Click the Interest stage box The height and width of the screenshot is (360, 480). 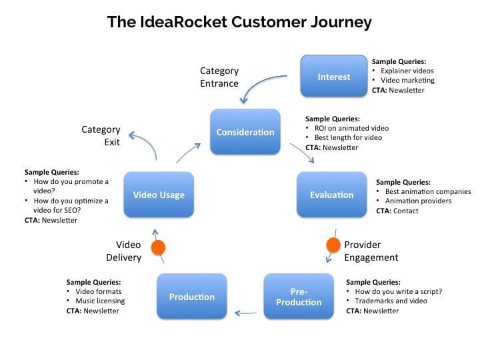click(x=334, y=77)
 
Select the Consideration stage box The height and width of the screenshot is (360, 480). click(x=245, y=132)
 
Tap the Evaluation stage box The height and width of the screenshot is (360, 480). click(x=331, y=195)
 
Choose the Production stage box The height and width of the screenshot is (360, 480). click(x=191, y=297)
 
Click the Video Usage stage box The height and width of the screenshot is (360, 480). click(x=159, y=195)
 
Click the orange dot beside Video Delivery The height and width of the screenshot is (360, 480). click(x=158, y=249)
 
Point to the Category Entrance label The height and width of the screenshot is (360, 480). click(x=219, y=77)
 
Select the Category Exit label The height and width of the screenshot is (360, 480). click(x=101, y=136)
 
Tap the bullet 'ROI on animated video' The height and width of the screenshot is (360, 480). click(x=351, y=128)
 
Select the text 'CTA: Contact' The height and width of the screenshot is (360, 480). click(x=397, y=211)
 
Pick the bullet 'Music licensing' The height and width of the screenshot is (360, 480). click(x=101, y=301)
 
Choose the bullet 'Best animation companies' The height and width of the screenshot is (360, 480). click(x=419, y=191)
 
